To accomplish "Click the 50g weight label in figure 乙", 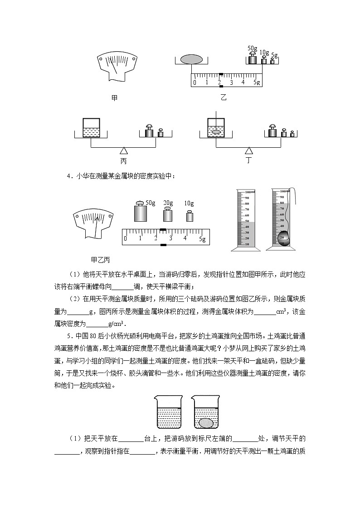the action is coord(253,48).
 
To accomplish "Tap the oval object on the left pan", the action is coord(191,59).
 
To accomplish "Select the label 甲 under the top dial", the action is coord(114,97).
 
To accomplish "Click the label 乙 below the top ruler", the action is coord(223,97).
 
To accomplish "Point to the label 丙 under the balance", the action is coord(123,161).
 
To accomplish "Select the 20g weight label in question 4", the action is coord(168,203).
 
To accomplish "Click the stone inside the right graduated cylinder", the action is coord(284,238).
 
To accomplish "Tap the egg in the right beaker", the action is coord(206,422).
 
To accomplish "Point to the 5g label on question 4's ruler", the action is coord(203,239).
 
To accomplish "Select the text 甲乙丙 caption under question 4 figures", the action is coord(101,260).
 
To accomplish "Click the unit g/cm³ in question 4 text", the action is coord(116,324).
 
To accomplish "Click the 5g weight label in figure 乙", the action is coord(274,56).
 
